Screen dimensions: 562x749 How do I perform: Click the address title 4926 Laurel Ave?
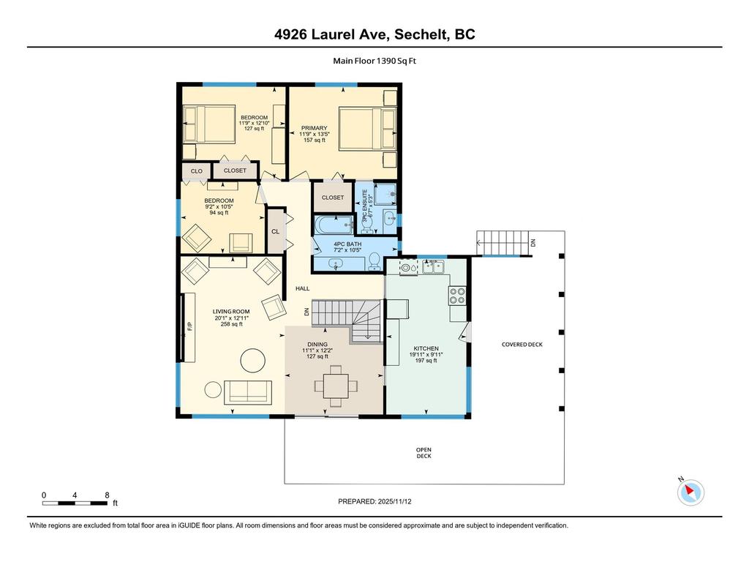[374, 34]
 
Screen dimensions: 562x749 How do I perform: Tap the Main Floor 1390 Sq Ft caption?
[374, 61]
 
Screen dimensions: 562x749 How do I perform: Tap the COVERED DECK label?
[522, 344]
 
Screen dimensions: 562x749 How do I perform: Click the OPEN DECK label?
[424, 453]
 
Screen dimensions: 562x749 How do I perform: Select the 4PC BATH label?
[347, 247]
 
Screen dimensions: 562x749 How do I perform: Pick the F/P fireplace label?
[189, 327]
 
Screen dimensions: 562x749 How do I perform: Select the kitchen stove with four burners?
[457, 295]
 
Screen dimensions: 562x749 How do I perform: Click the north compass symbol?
[690, 492]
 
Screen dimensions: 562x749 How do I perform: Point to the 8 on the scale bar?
[107, 495]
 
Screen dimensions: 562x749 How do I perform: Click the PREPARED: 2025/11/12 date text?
[380, 502]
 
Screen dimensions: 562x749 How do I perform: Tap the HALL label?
[303, 289]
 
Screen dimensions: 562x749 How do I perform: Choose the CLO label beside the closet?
[196, 171]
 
